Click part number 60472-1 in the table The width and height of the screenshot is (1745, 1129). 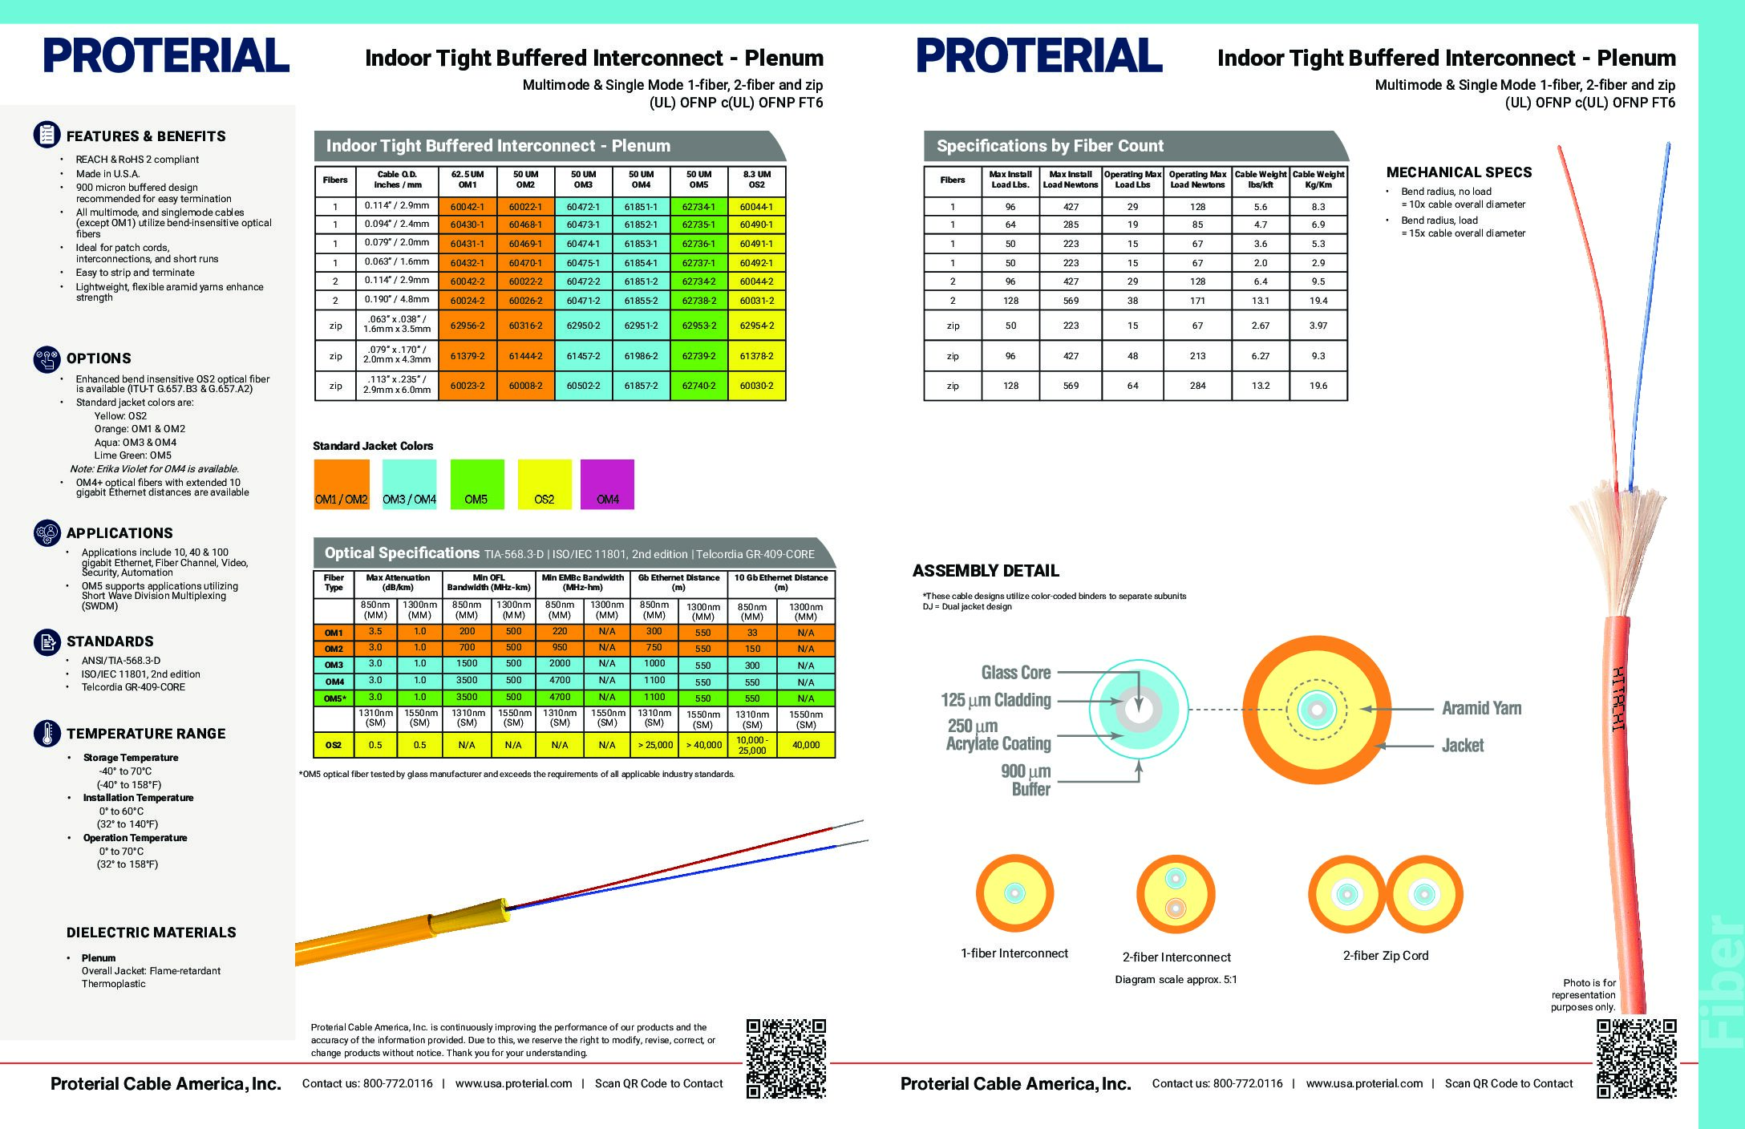click(x=583, y=206)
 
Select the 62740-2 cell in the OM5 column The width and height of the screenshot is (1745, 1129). click(x=698, y=386)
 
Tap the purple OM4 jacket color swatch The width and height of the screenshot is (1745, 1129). click(x=607, y=484)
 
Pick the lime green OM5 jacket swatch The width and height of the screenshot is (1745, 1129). click(x=476, y=484)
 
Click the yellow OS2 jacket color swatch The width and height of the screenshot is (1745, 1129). click(x=544, y=484)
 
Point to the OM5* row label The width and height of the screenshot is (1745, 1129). click(x=334, y=698)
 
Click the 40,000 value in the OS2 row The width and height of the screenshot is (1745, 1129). click(x=805, y=745)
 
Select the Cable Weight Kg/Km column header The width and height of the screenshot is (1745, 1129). click(x=1318, y=179)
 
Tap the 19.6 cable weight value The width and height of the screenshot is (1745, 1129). click(x=1318, y=386)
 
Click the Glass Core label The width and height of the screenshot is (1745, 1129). click(x=1015, y=673)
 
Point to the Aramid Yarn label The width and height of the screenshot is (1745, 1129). click(x=1481, y=708)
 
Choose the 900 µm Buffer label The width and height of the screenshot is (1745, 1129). click(x=1026, y=780)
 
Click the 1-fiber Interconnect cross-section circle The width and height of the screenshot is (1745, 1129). click(x=1014, y=893)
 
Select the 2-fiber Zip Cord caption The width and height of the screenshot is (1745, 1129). click(x=1386, y=956)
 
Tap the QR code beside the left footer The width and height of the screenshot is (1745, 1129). click(x=786, y=1058)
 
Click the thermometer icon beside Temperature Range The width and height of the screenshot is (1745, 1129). click(x=47, y=733)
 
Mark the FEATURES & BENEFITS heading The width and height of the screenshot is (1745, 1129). click(x=146, y=136)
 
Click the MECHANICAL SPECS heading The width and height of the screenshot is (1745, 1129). click(x=1459, y=172)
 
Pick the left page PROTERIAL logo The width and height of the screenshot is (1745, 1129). click(x=166, y=55)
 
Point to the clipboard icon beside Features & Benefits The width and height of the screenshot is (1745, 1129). click(x=47, y=135)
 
